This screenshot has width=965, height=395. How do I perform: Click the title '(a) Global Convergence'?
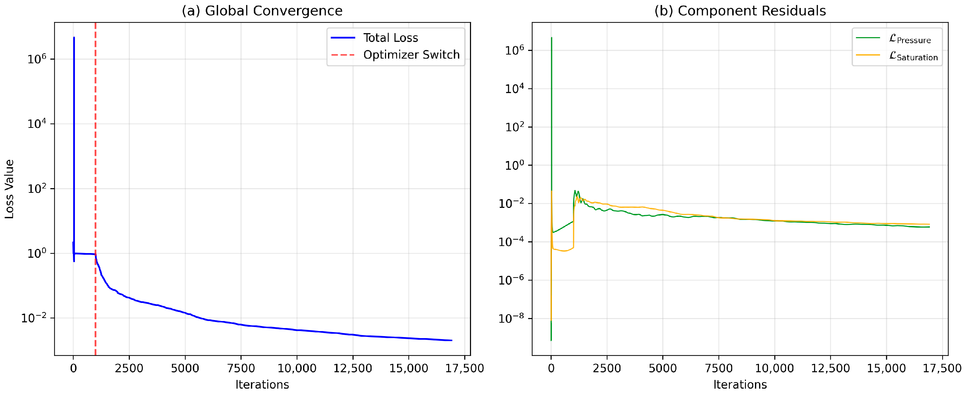coord(262,10)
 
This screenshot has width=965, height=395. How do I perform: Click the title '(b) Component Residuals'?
coord(740,10)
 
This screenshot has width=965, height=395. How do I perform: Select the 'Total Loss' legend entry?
coord(390,38)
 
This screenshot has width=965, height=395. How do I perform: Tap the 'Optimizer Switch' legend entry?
coord(411,55)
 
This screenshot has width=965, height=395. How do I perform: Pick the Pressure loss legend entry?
coord(909,38)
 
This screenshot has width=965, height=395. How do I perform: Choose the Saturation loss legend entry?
coord(913,56)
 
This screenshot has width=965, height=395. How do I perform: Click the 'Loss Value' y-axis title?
coord(9,189)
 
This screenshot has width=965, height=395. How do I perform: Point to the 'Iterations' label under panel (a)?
coord(262,385)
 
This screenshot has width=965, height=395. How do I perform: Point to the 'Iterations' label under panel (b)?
coord(740,385)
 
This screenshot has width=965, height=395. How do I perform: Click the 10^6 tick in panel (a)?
coord(37,59)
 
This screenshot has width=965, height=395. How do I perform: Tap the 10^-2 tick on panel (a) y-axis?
coord(34,318)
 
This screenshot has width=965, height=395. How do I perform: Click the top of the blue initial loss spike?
coord(74,37)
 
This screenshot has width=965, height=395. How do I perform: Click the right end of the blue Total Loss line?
coord(452,340)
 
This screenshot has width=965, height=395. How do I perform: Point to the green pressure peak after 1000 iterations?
coord(575,190)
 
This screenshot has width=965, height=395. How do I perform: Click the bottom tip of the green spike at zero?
coord(551,340)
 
